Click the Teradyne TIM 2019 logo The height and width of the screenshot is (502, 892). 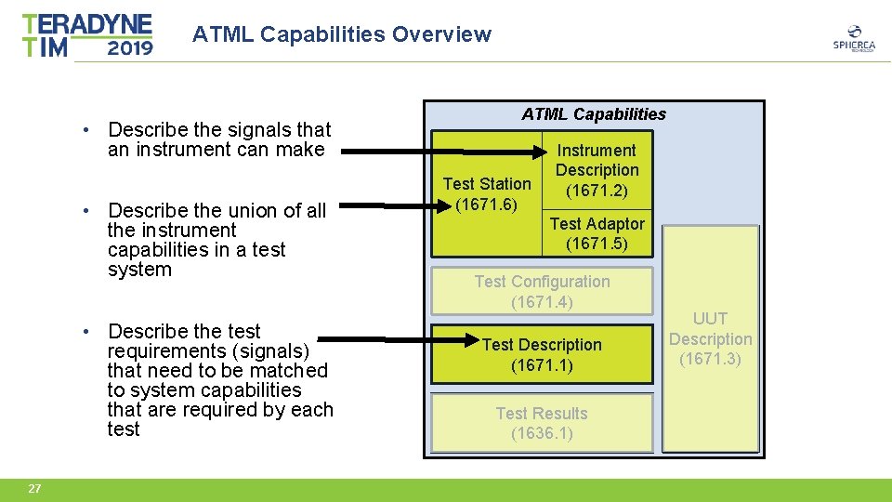[87, 35]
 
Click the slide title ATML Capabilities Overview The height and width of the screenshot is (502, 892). [341, 34]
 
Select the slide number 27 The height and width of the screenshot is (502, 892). [34, 489]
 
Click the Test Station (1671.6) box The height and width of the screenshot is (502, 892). [487, 193]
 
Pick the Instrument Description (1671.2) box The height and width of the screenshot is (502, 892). [597, 170]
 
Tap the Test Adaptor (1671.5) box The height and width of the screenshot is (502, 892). [597, 233]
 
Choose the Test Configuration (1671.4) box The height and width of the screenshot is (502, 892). [542, 291]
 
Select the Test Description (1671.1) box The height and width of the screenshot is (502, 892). [542, 354]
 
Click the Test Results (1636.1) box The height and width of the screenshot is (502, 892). [542, 423]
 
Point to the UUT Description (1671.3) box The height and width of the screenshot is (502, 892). [710, 338]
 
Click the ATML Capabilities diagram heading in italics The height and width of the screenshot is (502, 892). [594, 114]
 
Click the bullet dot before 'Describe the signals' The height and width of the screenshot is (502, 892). [85, 129]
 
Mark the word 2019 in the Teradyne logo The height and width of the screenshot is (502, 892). [130, 46]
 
